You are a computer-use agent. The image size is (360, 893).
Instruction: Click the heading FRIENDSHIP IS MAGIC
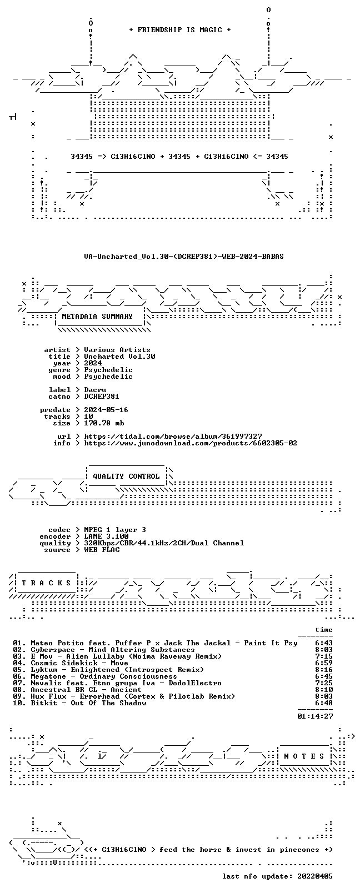point(180,30)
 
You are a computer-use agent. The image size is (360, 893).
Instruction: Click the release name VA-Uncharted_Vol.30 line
point(184,257)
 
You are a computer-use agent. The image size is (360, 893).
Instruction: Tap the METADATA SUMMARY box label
point(97,317)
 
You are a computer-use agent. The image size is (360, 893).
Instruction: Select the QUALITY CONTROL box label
point(126,476)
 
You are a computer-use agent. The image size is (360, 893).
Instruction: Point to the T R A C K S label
point(46,583)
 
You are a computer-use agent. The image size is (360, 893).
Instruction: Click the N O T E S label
point(304,756)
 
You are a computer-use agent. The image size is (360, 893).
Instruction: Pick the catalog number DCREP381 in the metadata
point(101,397)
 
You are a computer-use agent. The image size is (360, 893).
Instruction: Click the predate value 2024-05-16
point(106,410)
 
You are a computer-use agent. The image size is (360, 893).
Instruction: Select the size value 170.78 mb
point(104,423)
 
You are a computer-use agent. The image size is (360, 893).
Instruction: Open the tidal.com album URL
point(173,437)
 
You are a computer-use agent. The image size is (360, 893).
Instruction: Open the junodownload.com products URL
point(190,443)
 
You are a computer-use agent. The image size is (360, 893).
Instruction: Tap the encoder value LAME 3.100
point(106,536)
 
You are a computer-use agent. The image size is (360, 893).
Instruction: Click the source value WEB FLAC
point(102,550)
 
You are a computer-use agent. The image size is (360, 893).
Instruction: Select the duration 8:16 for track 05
point(324,670)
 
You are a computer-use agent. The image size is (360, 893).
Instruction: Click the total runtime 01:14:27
point(315,716)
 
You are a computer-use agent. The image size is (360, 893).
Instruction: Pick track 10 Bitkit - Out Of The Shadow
point(79,703)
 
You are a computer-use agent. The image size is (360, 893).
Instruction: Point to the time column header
point(324,630)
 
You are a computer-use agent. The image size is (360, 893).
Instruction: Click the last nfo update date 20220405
point(315,876)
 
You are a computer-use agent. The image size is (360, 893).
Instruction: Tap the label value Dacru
point(95,390)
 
